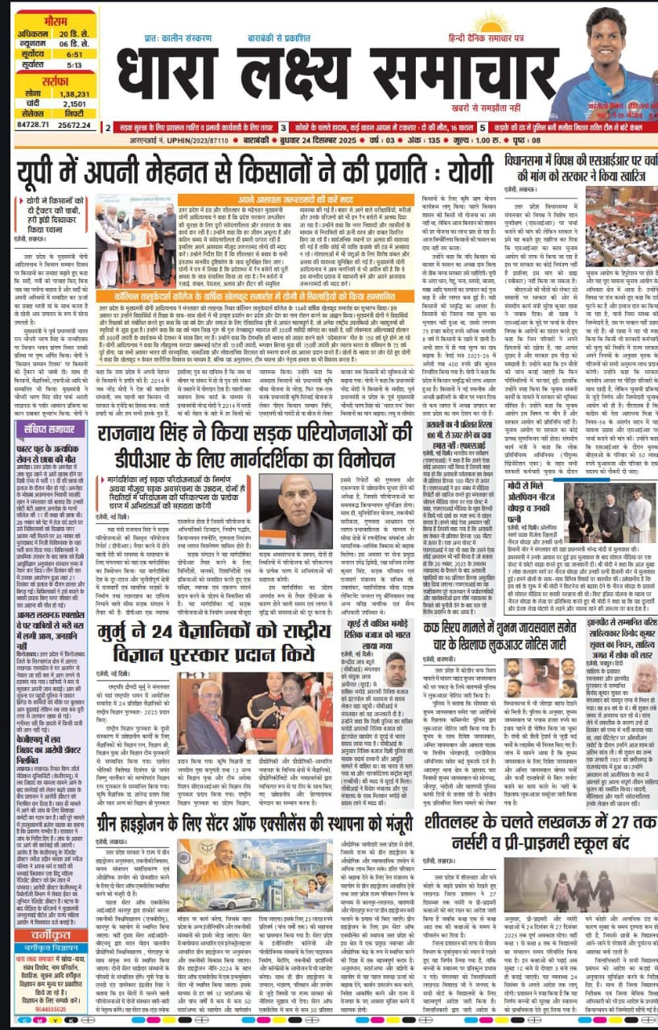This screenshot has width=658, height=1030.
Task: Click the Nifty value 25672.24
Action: coord(72,125)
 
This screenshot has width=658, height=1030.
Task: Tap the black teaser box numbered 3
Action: coord(284,127)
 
